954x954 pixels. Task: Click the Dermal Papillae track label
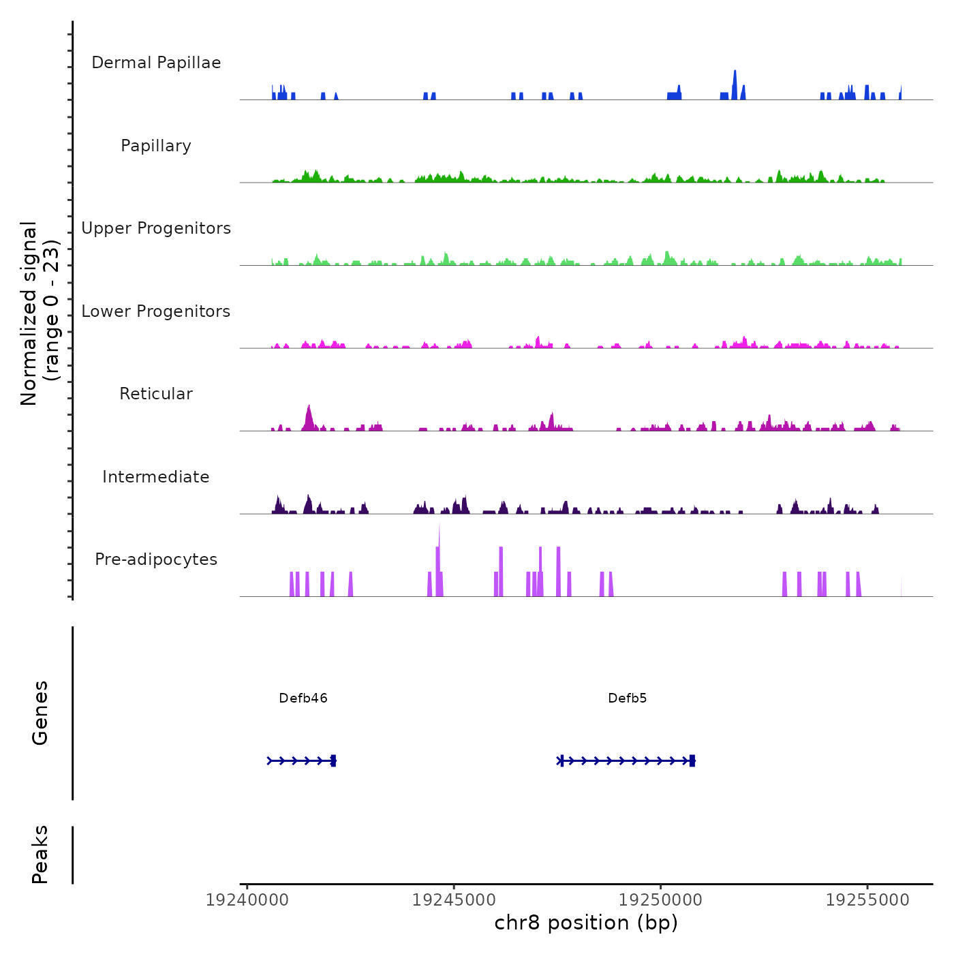[156, 63]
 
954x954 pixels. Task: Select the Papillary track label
[156, 146]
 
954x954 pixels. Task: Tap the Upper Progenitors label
[156, 228]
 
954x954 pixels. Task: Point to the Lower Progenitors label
[156, 311]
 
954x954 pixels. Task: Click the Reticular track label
[156, 394]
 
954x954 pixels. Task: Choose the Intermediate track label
[156, 477]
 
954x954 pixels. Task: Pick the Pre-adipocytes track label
[156, 559]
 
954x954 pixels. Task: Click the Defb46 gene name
[303, 698]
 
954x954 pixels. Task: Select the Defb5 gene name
[628, 698]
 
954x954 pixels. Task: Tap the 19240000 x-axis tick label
[247, 900]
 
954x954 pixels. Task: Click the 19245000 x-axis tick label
[454, 900]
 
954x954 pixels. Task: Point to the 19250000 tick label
[660, 900]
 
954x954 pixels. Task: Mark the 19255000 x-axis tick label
[867, 900]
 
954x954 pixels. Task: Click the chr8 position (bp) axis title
[586, 923]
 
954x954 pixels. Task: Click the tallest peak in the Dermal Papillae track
[735, 72]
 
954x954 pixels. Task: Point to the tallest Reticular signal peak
[309, 407]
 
